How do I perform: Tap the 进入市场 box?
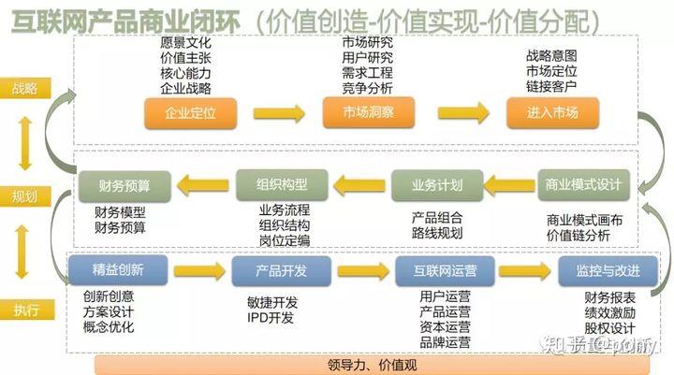click(552, 113)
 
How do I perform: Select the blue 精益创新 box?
click(118, 270)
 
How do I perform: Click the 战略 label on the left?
click(25, 90)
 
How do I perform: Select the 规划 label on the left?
click(25, 197)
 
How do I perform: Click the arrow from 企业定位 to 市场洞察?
click(279, 113)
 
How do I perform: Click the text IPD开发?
click(271, 317)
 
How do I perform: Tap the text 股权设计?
click(608, 329)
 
